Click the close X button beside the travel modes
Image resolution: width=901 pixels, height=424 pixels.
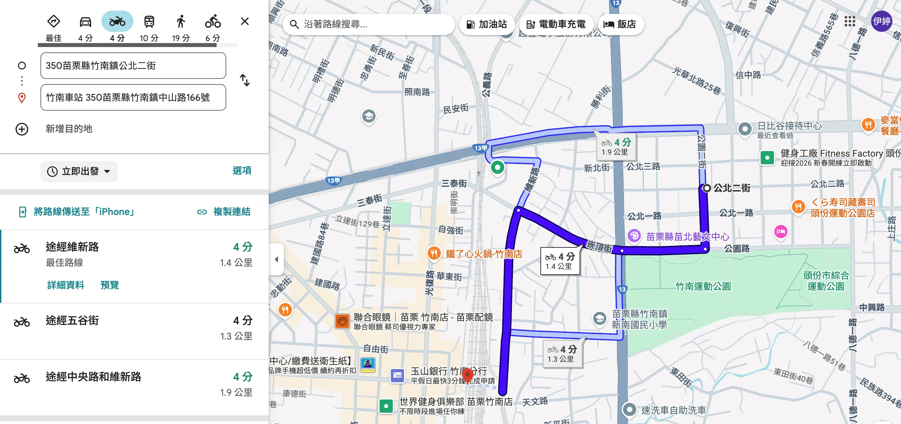tap(244, 22)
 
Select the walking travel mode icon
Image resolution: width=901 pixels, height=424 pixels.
tap(180, 22)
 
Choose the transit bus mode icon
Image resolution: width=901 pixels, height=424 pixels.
tap(149, 22)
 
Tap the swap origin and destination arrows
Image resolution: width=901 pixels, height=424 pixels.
tap(244, 80)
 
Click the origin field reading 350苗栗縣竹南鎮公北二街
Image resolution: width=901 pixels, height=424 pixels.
tap(133, 66)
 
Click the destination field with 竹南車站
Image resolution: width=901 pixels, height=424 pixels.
tap(133, 97)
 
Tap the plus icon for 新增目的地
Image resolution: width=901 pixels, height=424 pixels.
tap(22, 129)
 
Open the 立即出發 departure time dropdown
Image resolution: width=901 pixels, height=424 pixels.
tap(79, 172)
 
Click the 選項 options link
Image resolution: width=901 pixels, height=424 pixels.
tap(242, 171)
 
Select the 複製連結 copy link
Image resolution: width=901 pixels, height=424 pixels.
tap(224, 212)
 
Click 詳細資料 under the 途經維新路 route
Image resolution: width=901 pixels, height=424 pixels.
tap(66, 285)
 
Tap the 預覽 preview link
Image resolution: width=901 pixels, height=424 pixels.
tap(109, 285)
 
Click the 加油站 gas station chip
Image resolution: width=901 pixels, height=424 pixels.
tap(487, 25)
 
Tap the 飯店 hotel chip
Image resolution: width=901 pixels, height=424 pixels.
tap(620, 25)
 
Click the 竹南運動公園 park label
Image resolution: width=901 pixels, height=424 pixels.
tap(703, 287)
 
